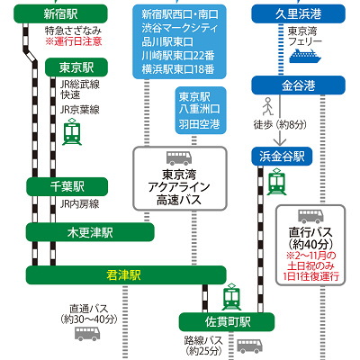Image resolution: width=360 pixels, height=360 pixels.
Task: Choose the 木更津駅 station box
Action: pyautogui.click(x=88, y=232)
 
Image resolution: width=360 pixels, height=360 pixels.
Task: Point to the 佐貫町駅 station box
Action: pyautogui.click(x=226, y=320)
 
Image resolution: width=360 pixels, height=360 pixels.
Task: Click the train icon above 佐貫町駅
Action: pyautogui.click(x=232, y=294)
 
